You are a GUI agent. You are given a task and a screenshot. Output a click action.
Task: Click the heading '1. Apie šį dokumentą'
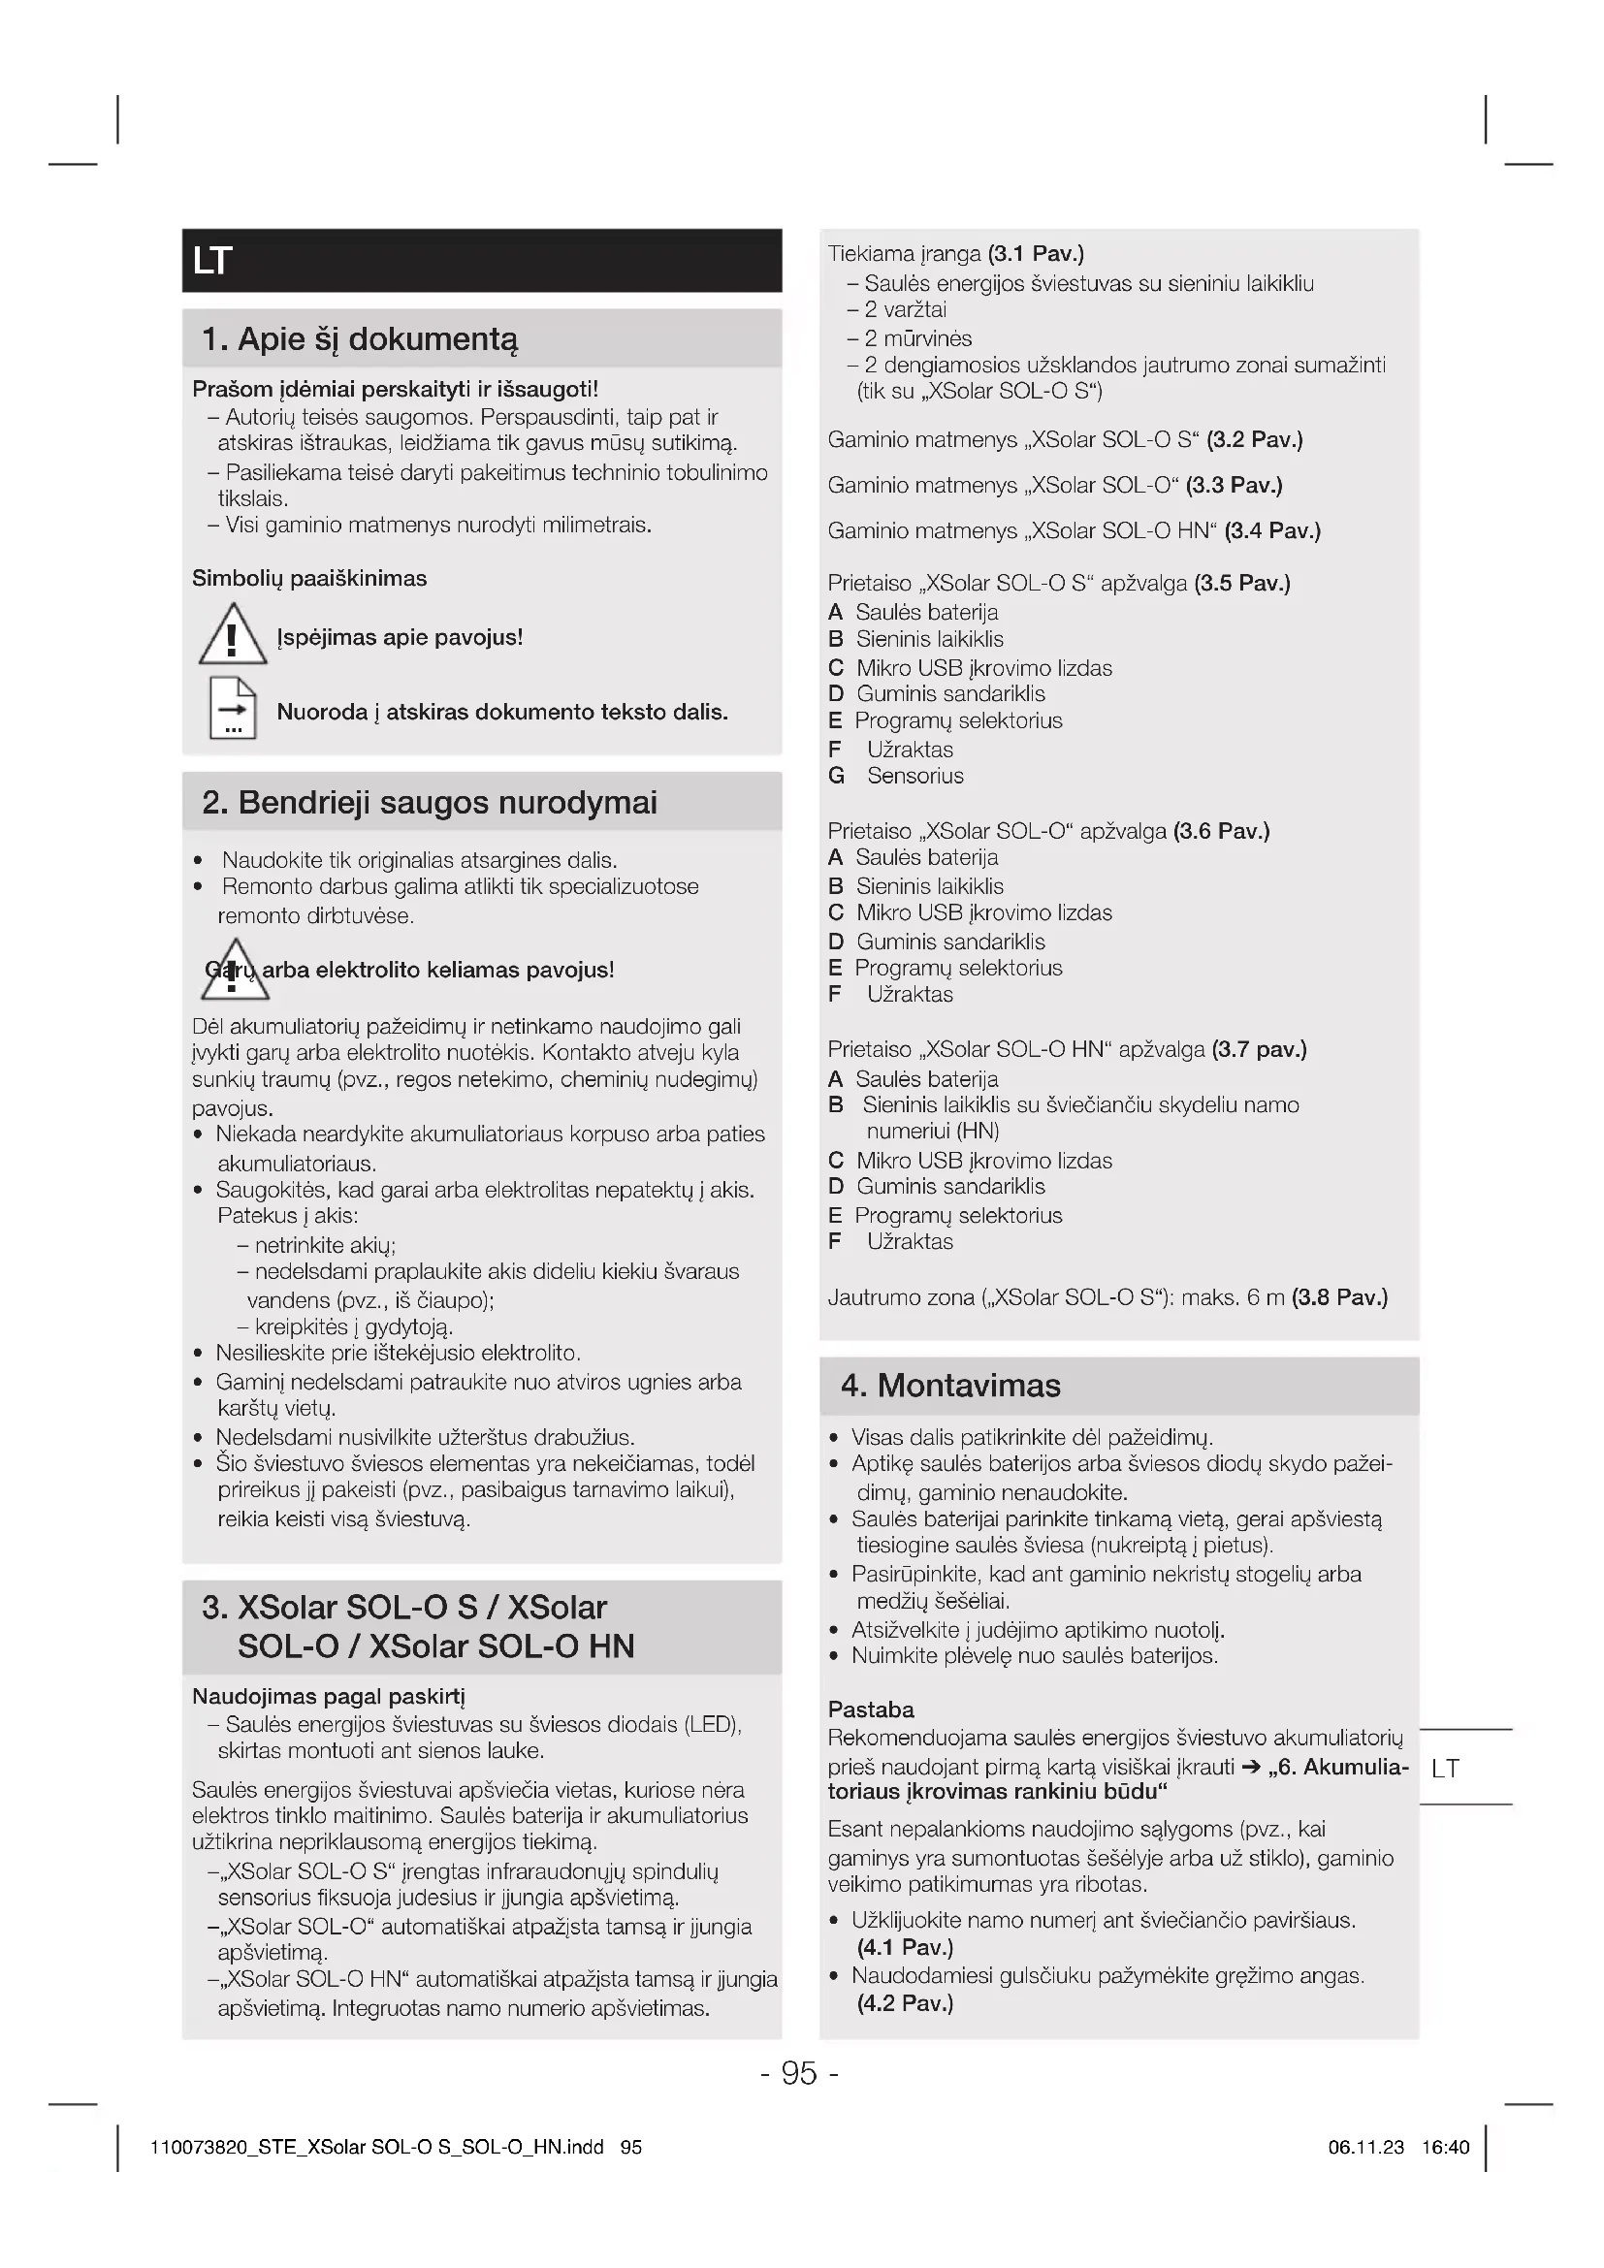click(x=360, y=338)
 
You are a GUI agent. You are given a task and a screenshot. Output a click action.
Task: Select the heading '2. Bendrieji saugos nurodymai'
click(x=430, y=802)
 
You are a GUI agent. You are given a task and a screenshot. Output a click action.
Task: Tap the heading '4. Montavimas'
click(x=950, y=1385)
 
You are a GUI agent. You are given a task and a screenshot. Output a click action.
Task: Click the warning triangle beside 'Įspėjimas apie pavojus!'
click(x=232, y=635)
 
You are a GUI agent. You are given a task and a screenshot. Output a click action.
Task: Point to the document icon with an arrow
click(x=232, y=708)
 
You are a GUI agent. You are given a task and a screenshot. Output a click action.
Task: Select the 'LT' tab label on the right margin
click(x=1445, y=1768)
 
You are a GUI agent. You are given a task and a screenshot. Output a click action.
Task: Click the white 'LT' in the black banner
click(x=212, y=261)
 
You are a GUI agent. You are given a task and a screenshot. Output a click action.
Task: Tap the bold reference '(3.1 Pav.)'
click(x=1035, y=254)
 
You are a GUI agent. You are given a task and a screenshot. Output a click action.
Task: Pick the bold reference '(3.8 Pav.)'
click(x=1339, y=1297)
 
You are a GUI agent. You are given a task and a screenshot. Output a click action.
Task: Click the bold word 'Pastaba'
click(x=871, y=1709)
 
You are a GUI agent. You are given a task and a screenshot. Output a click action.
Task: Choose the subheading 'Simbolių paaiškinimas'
click(x=309, y=578)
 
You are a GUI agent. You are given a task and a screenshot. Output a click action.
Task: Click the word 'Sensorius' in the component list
click(x=914, y=776)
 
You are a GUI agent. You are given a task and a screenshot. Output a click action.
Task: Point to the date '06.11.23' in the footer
click(x=1366, y=2147)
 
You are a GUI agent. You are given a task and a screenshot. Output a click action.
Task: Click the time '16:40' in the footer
click(x=1446, y=2147)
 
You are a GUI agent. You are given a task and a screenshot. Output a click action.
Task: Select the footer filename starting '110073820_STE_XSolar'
click(x=376, y=2147)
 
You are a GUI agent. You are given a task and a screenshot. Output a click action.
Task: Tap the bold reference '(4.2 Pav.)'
click(x=905, y=2002)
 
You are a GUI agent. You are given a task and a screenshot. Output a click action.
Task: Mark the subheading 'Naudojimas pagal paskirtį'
click(x=328, y=1696)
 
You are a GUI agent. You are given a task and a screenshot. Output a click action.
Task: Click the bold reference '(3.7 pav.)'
click(x=1260, y=1049)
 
